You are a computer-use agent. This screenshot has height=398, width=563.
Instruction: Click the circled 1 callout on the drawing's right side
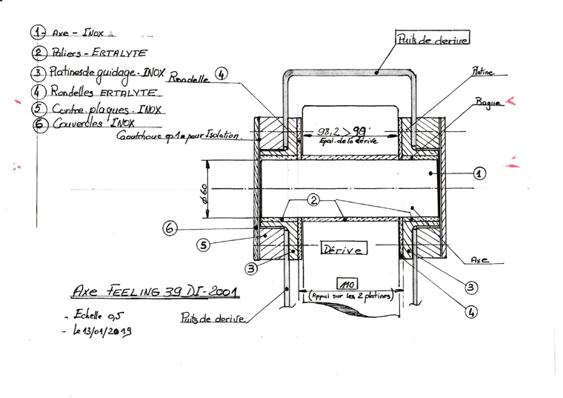[x=479, y=173]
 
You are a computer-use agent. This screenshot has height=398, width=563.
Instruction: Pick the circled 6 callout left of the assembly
[x=170, y=230]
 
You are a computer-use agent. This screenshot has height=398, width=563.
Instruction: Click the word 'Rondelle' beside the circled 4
[x=189, y=76]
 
